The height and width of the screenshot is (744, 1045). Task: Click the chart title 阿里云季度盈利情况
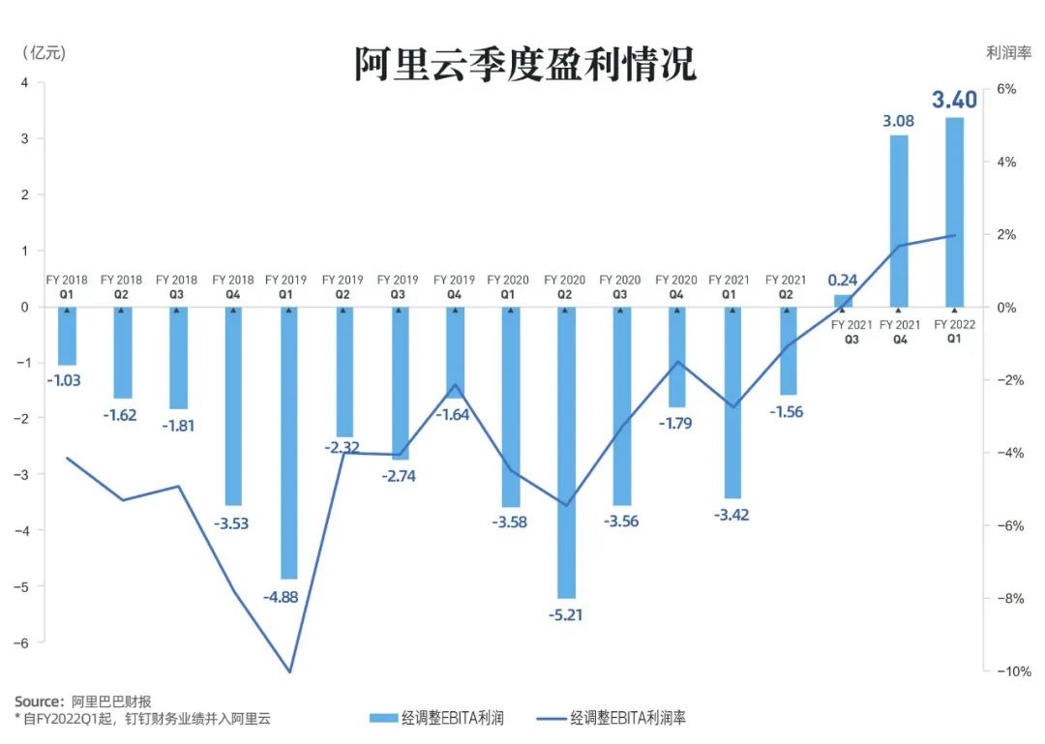point(524,65)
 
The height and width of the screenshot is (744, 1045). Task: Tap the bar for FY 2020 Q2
point(564,452)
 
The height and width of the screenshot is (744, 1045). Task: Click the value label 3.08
point(898,122)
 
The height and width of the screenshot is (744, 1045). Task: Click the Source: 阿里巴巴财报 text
point(82,700)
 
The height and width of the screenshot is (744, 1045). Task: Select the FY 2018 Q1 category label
point(67,286)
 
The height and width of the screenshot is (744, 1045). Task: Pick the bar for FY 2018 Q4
point(233,406)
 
